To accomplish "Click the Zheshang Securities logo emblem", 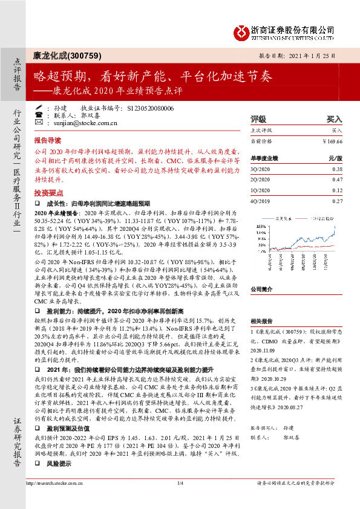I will coord(242,30).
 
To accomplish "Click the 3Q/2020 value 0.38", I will coord(337,170).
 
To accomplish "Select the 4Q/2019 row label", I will coord(261,201).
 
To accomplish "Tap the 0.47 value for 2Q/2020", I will coord(337,180).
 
